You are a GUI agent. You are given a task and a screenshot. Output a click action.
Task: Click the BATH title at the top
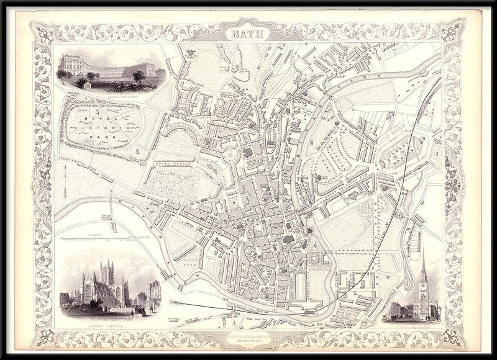[248, 35]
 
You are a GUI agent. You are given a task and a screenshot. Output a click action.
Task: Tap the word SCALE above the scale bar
[94, 234]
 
